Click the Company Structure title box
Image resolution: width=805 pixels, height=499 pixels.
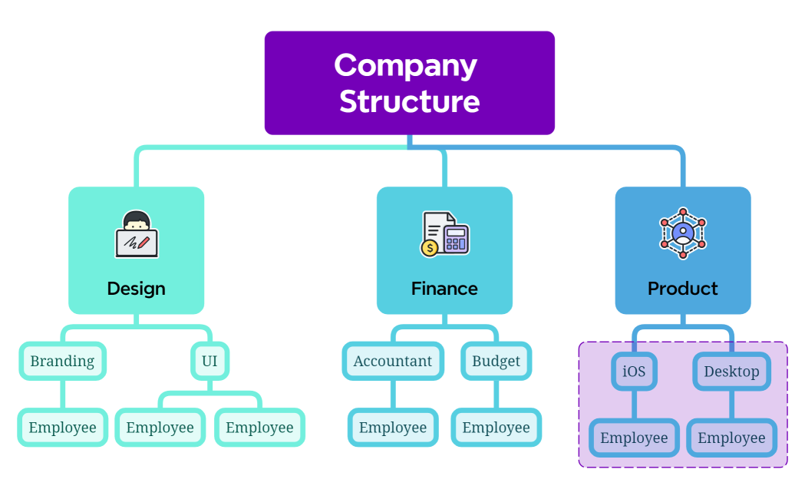(x=409, y=83)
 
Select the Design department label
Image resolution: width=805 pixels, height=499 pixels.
(x=136, y=289)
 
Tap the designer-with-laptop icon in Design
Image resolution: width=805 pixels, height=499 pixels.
(x=137, y=234)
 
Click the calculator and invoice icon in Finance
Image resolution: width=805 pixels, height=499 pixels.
(x=444, y=234)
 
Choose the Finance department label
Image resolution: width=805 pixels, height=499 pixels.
(x=444, y=289)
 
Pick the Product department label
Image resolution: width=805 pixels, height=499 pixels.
(x=682, y=289)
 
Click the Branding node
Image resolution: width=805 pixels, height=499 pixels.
(x=62, y=361)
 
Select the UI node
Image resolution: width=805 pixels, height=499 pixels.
(x=209, y=361)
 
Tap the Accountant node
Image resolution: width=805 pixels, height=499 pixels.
(x=393, y=361)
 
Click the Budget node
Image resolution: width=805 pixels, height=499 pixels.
(x=496, y=361)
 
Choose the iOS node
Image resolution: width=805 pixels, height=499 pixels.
(x=634, y=372)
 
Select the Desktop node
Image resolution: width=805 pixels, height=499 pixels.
(x=731, y=372)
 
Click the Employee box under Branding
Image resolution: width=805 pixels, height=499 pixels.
(x=62, y=428)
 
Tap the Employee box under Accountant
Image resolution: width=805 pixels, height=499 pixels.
(x=393, y=428)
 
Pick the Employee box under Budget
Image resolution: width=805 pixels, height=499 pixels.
(x=496, y=428)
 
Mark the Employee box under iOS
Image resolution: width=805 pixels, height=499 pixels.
(x=634, y=438)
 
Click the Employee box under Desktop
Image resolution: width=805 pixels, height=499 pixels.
(x=731, y=438)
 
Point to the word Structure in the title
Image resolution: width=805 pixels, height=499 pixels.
(x=409, y=101)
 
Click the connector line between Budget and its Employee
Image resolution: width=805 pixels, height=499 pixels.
(x=496, y=395)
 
